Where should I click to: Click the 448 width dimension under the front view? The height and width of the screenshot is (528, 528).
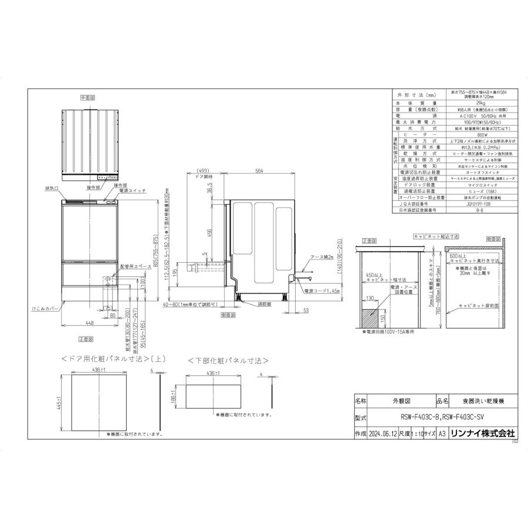coord(90,322)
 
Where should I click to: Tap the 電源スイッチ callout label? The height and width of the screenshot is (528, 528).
coord(131,191)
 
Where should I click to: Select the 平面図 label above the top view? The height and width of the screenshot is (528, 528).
coord(89,97)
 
